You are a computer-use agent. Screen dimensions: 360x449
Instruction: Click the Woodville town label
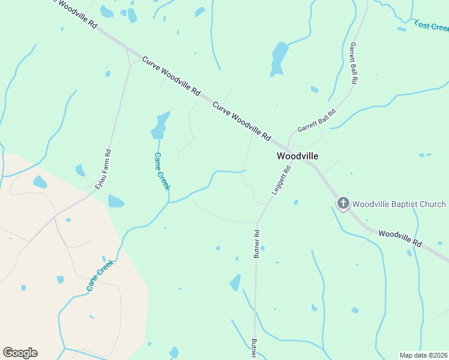tap(297, 155)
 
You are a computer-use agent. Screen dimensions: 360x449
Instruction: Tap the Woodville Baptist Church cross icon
tap(343, 204)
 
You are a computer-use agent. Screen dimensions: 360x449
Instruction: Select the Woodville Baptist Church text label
tap(399, 204)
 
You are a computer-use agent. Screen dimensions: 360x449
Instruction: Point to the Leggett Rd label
tap(281, 181)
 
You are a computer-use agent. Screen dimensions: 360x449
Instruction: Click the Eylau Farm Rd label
tap(103, 170)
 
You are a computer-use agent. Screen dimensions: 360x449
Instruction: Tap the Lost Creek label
tap(431, 26)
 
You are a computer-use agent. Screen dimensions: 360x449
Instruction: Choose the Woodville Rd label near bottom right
tap(400, 237)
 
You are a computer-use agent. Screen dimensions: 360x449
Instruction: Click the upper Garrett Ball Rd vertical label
tap(354, 62)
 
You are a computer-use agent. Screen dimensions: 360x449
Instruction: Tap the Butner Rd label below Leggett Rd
tap(256, 244)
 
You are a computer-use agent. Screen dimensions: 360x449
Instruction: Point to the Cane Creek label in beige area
tap(100, 275)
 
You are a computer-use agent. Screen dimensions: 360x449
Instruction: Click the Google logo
tap(20, 353)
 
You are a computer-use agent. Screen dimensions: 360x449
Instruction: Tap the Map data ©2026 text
tap(424, 355)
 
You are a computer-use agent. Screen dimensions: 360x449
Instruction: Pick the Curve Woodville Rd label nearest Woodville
tap(241, 121)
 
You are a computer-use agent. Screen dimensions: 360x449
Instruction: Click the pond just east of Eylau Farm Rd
tap(116, 202)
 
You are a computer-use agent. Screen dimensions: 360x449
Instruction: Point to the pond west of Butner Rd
tap(235, 283)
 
